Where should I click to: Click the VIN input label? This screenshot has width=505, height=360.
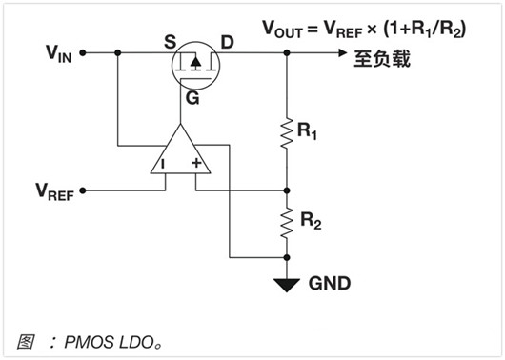tap(57, 54)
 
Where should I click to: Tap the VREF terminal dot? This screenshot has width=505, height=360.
tap(83, 190)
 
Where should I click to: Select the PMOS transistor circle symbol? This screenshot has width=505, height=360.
tap(194, 65)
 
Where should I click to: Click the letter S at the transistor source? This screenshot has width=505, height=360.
tap(170, 41)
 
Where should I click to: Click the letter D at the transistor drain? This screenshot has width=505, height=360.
tap(227, 41)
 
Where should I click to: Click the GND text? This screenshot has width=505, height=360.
tap(329, 284)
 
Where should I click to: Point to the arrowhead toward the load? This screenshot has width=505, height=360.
tap(342, 54)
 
